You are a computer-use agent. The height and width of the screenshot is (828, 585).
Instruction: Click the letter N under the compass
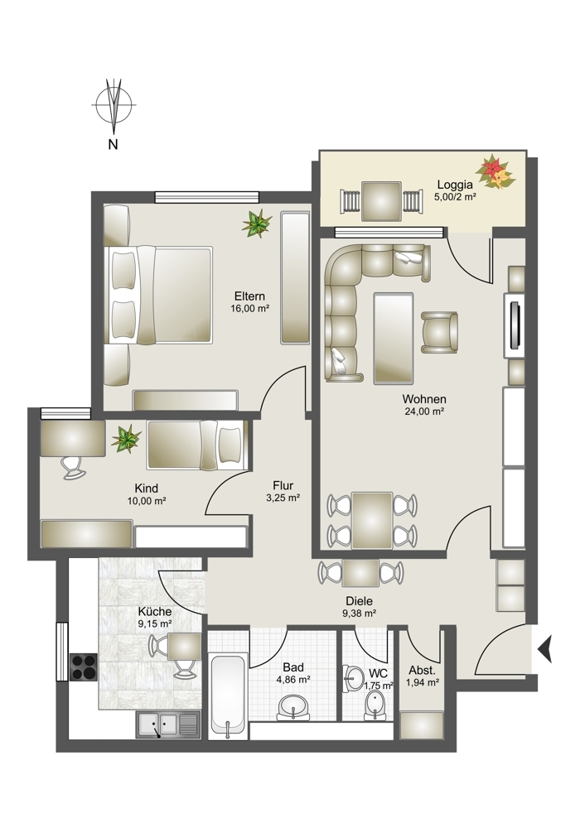click(x=113, y=143)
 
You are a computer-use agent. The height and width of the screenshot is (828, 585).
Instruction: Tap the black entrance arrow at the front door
click(x=545, y=649)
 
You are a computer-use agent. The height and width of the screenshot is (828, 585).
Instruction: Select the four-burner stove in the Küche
click(x=84, y=667)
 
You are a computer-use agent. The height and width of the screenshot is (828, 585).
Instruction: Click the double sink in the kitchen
click(x=168, y=724)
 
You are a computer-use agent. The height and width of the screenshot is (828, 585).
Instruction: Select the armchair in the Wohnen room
click(x=439, y=332)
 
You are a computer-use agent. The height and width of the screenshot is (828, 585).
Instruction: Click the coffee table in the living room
click(x=393, y=339)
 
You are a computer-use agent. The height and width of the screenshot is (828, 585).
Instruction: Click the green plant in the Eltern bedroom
click(x=257, y=224)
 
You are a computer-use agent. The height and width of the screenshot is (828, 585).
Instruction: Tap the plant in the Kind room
click(x=126, y=439)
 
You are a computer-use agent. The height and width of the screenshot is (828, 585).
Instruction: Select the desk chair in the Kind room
click(x=73, y=467)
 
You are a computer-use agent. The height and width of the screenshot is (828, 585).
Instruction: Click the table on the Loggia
click(x=381, y=201)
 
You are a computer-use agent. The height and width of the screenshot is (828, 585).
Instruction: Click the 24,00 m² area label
click(x=423, y=412)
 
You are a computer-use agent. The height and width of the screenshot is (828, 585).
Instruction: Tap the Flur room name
click(x=283, y=485)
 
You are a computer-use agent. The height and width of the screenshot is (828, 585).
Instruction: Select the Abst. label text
click(x=423, y=671)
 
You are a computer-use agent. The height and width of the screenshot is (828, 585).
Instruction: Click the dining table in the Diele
click(x=360, y=573)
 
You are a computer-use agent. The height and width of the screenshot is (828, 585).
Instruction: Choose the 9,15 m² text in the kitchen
click(x=155, y=623)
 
